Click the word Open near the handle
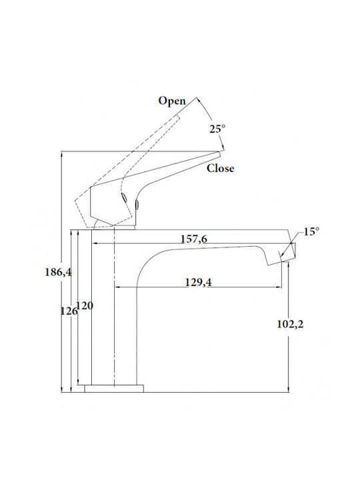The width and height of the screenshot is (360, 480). coord(172,101)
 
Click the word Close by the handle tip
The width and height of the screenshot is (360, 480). coord(221,168)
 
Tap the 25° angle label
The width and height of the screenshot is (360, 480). coord(217,129)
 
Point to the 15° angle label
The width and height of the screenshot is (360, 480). coord(311,231)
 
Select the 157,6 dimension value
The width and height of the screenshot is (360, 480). coord(194,239)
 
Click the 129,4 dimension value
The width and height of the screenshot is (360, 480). coord(198,282)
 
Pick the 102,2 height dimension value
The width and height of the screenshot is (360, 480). coord(290,324)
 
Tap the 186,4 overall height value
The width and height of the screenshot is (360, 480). coord(58,272)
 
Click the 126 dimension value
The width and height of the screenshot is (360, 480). coord(69,311)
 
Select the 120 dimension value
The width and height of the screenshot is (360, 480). coord(85,305)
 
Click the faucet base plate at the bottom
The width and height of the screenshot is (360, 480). coord(114,389)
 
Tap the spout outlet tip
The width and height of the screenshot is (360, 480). coord(289,261)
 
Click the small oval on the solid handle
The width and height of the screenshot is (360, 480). coord(137,204)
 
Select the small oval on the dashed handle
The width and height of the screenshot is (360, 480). coord(124,197)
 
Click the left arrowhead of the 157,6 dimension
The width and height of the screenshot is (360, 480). coord(95,243)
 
